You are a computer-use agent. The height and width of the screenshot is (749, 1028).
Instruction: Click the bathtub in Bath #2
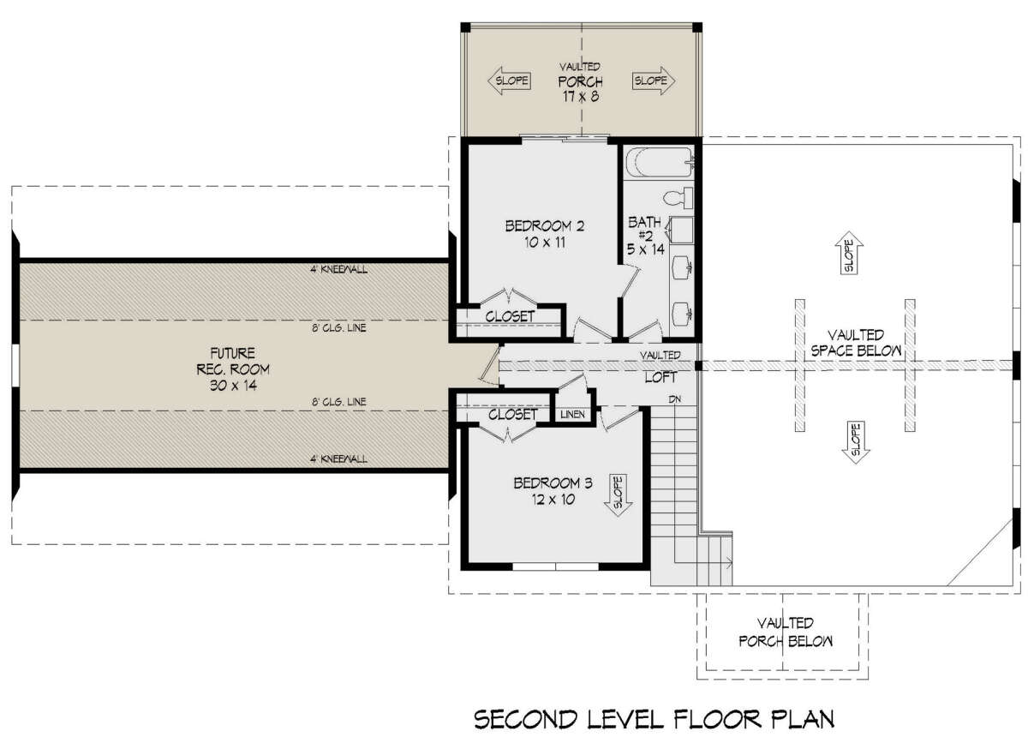[660, 162]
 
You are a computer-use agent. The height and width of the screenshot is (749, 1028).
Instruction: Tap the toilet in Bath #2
[678, 197]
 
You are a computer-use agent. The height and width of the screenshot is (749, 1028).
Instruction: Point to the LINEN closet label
[573, 414]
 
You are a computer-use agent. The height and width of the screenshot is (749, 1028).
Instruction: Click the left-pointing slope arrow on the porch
[510, 81]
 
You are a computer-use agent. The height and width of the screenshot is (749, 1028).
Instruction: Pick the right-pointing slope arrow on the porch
[654, 81]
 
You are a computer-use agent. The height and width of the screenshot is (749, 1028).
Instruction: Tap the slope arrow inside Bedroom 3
[618, 495]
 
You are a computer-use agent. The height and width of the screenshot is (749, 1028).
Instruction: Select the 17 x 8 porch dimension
[581, 97]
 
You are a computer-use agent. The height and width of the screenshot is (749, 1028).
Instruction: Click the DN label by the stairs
[675, 399]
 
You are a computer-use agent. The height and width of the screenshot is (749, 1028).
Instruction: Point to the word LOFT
[660, 377]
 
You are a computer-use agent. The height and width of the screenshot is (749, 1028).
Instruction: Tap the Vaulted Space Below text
[856, 343]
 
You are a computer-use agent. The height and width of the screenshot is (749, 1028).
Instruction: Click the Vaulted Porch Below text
[786, 632]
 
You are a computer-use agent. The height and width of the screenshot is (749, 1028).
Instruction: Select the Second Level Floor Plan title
[654, 720]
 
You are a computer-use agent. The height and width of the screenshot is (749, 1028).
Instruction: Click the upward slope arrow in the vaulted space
[849, 253]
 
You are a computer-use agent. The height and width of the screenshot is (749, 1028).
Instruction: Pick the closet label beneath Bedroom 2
[510, 316]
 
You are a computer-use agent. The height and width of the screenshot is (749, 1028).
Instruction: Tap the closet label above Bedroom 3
[512, 415]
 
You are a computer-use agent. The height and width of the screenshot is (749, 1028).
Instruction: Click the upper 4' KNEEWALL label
[338, 269]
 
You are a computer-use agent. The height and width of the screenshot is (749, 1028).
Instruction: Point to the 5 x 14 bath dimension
[646, 249]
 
